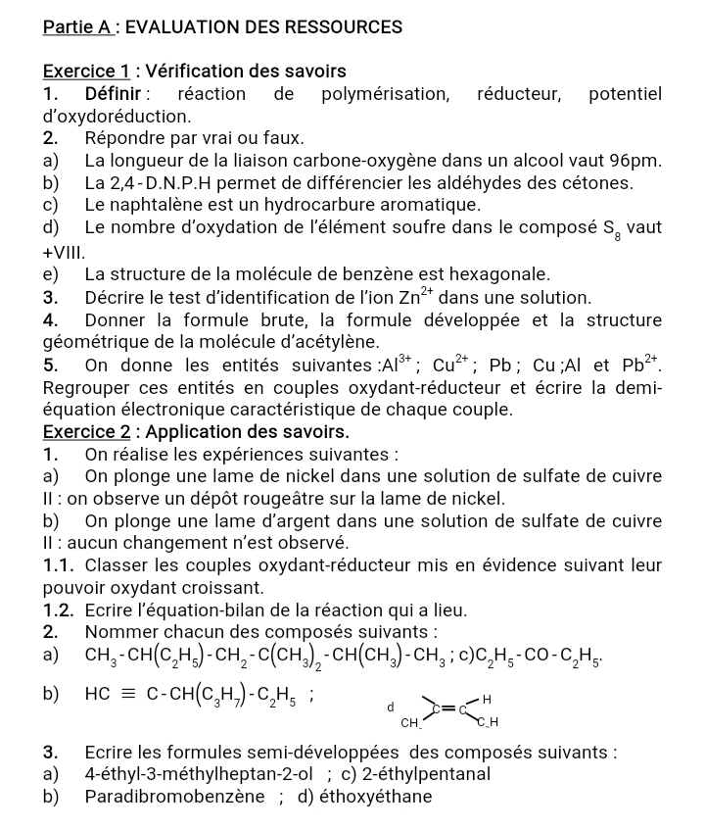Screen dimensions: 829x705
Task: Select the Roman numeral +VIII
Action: click(x=65, y=251)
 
